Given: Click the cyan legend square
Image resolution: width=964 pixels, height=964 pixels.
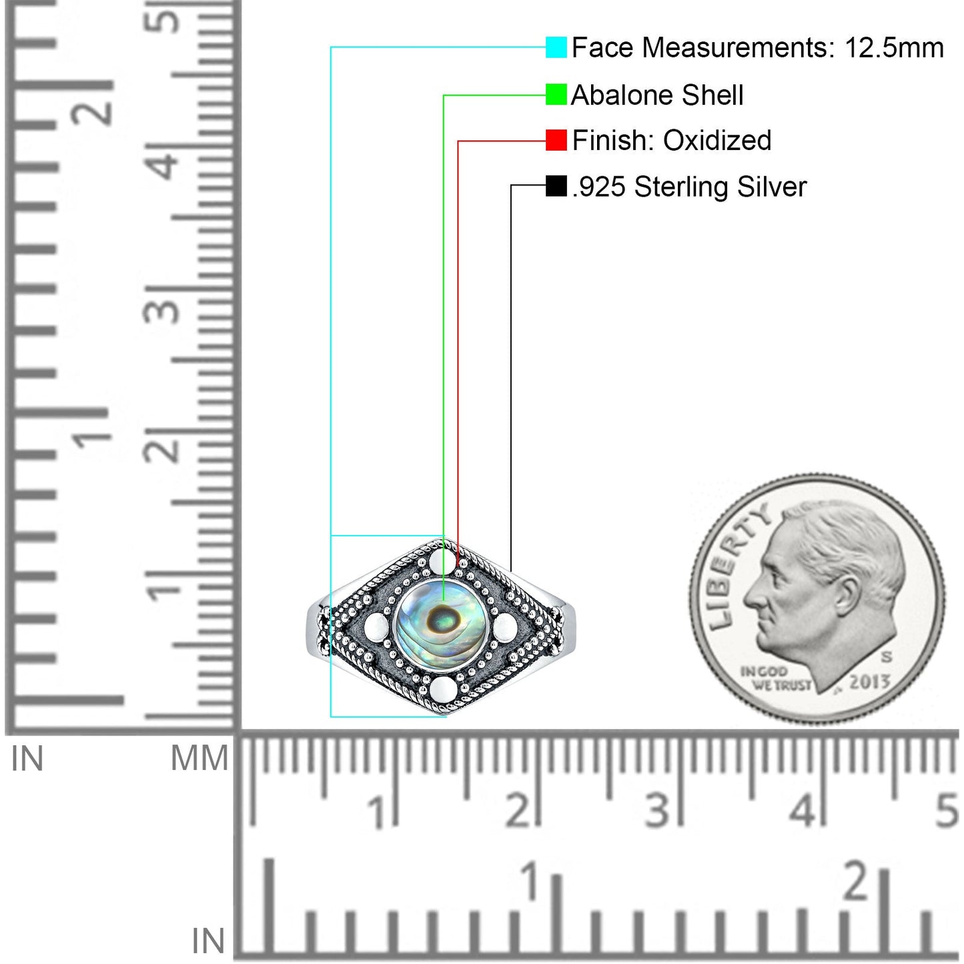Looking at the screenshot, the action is pos(556,47).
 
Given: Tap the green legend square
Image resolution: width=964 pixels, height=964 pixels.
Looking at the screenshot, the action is pos(556,95).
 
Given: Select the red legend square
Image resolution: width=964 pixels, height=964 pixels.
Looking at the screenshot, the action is pos(556,140).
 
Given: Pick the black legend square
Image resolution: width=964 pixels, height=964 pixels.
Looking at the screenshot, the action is pos(556,186).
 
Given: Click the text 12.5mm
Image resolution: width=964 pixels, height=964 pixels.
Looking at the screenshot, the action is pos(894,48).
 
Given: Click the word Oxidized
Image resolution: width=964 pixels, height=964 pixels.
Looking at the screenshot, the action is pos(717,140).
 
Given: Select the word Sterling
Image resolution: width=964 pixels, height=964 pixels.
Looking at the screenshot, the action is pos(681,187).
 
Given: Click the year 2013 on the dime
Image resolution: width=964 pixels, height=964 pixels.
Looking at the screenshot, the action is pos(870,681).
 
